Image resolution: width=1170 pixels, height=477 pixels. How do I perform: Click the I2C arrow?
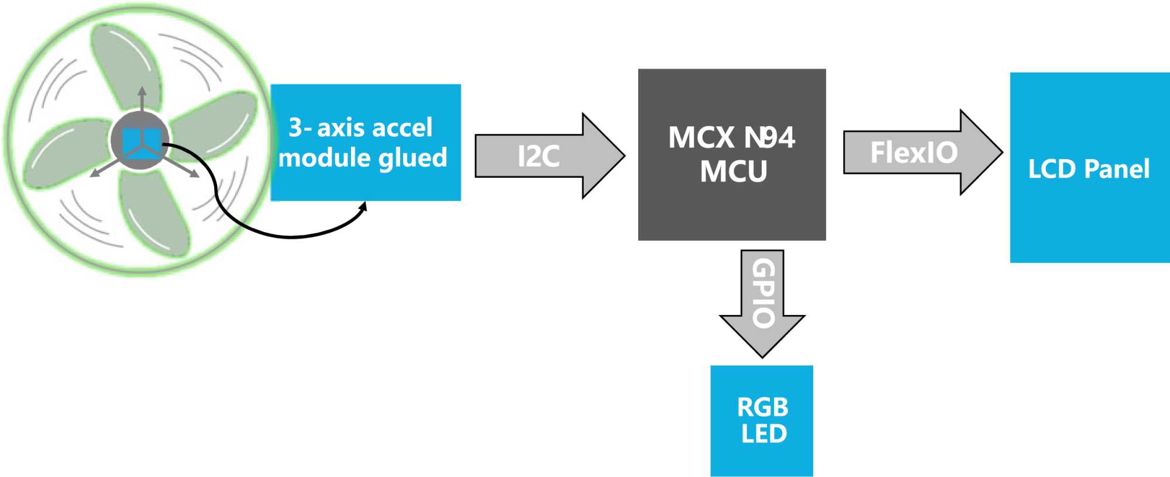coord(550,155)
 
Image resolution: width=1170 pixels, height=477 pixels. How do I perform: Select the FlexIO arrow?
coord(923,152)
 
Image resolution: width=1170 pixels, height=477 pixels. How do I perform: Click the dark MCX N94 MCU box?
coord(732,154)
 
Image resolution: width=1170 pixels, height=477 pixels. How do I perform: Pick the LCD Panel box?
coord(1090,168)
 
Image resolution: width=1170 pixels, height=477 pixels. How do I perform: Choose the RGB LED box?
coord(762,421)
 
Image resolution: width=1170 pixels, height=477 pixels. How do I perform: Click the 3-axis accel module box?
coord(366,143)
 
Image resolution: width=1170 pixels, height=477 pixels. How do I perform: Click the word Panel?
coord(1117,169)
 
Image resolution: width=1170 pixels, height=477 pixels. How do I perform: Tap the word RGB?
coord(763,407)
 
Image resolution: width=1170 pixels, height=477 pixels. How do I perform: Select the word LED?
coord(764,434)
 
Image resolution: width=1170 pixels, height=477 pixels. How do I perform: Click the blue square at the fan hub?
coord(141,143)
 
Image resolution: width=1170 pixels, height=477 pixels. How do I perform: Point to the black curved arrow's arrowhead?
coord(363,206)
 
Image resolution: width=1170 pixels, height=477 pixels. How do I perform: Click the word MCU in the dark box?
coord(734,172)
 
